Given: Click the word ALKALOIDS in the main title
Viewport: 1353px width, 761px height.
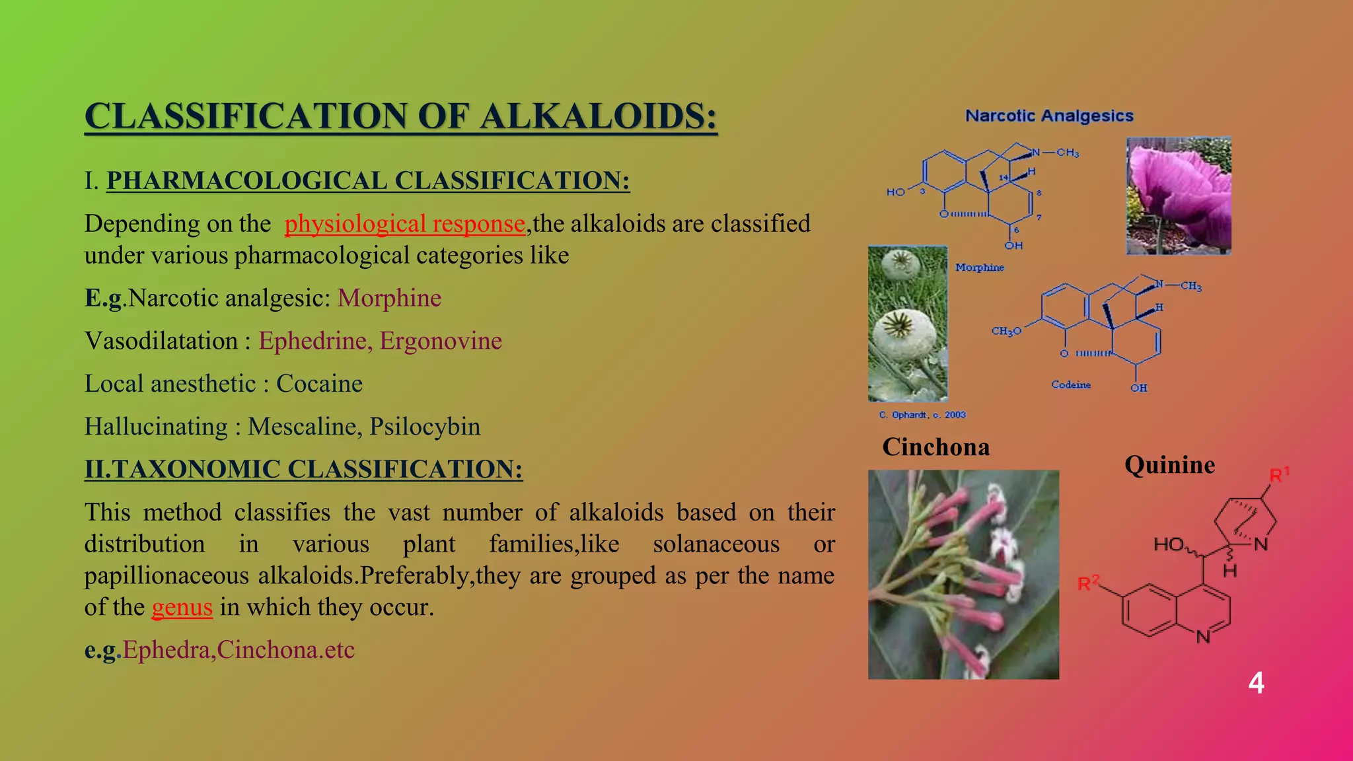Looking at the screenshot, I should tap(598, 116).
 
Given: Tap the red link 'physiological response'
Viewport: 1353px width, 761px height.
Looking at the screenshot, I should tap(404, 224).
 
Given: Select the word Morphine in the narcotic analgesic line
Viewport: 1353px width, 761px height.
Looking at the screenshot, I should tap(389, 298).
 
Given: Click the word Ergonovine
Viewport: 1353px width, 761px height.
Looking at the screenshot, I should tap(441, 341).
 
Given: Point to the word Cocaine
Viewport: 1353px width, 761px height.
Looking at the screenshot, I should tap(319, 384).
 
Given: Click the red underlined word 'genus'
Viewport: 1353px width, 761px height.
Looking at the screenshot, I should tap(182, 607).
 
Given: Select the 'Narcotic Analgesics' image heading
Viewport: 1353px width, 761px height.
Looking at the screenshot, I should tap(1049, 116).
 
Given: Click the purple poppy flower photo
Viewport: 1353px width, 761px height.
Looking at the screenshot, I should tap(1178, 196).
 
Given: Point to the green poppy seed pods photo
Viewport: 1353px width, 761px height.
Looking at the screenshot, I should tap(908, 324).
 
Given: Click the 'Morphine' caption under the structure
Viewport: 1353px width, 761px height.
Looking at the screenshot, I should tap(979, 268).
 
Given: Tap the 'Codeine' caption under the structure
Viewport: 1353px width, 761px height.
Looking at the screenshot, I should tap(1070, 384).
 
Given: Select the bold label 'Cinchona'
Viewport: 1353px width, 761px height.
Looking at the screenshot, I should tap(935, 447).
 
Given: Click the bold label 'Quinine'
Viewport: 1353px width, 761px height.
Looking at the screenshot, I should tap(1169, 465).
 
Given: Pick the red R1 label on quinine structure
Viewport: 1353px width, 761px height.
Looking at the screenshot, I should tap(1279, 475).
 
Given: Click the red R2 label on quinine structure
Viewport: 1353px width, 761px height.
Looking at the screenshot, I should tap(1089, 583).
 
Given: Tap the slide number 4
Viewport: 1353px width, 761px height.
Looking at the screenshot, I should tap(1256, 683).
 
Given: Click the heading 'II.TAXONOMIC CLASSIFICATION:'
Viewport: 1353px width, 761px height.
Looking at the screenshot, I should tap(303, 469).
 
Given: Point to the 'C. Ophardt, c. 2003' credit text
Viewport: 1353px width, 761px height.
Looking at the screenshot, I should tap(922, 415).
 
